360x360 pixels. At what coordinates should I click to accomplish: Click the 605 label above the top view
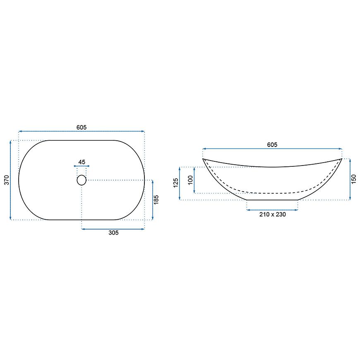pos(82,127)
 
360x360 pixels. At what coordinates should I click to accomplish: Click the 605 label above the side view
pos(272,145)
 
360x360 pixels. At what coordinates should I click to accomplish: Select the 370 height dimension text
pos(7,180)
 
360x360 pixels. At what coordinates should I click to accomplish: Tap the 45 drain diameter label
pos(82,162)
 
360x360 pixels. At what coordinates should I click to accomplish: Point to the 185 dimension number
pos(156,200)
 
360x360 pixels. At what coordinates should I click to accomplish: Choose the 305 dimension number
pos(113,233)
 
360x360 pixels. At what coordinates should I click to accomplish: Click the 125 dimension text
pos(176,183)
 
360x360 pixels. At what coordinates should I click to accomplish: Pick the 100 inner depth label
pos(191,180)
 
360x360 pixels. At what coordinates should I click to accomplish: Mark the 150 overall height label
pos(354,179)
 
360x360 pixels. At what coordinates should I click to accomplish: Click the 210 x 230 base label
pos(273,214)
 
